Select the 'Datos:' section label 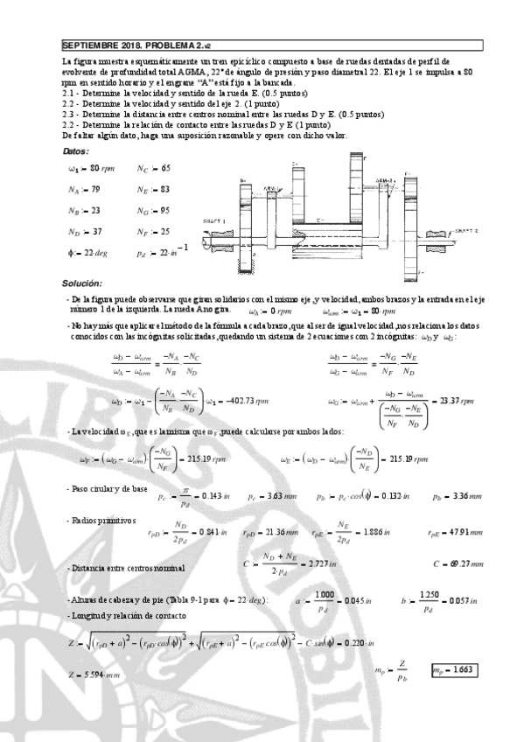coord(79,151)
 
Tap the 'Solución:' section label coord(82,283)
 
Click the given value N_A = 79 coord(84,188)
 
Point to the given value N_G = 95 coord(153,210)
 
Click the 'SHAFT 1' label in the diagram coord(214,220)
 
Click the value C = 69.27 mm coord(458,563)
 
